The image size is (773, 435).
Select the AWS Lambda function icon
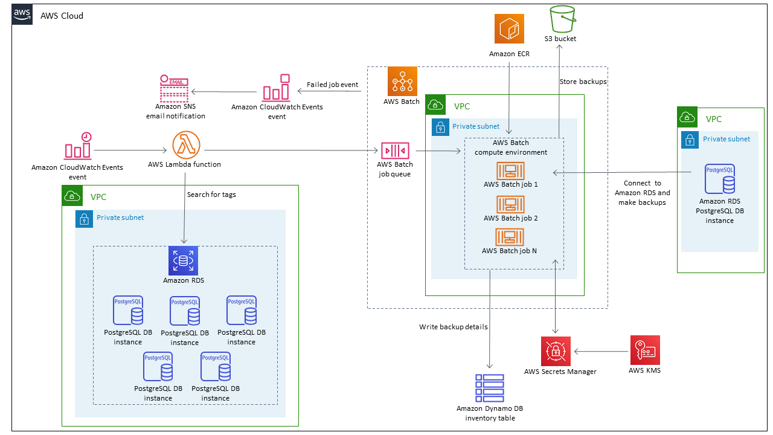(187, 146)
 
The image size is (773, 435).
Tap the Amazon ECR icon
(509, 29)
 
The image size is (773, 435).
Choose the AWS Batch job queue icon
(395, 150)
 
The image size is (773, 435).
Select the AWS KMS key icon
(644, 350)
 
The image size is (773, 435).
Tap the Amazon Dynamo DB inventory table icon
(489, 388)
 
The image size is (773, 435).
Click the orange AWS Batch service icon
(402, 81)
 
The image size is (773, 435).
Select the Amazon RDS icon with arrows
(183, 261)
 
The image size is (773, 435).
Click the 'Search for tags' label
(211, 195)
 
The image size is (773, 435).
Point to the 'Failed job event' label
(332, 85)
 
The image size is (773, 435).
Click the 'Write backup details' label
(454, 327)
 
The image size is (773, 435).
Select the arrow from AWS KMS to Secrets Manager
(601, 350)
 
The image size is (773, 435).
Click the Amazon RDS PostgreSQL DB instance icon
(719, 179)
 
